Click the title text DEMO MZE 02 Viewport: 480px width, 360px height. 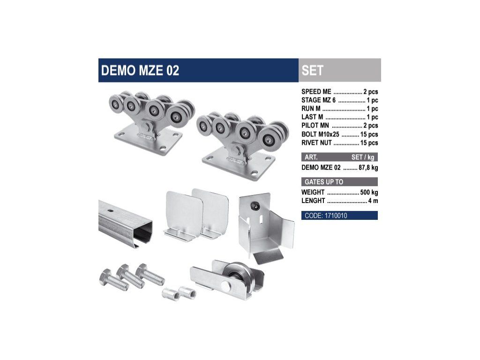140,70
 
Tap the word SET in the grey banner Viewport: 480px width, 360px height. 312,70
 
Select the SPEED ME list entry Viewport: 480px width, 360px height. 316,91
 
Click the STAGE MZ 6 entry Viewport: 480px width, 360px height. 318,100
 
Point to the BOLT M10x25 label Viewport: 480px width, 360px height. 320,134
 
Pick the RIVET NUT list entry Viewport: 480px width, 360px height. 316,142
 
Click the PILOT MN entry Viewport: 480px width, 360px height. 315,126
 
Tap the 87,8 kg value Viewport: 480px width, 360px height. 368,167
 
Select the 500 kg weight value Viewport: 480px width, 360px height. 369,192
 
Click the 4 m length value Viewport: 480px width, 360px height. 373,201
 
